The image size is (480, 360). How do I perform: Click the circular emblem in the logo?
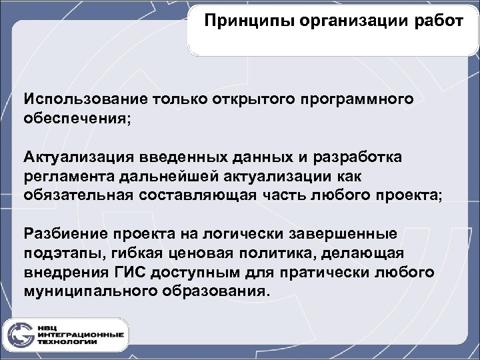click(19, 333)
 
